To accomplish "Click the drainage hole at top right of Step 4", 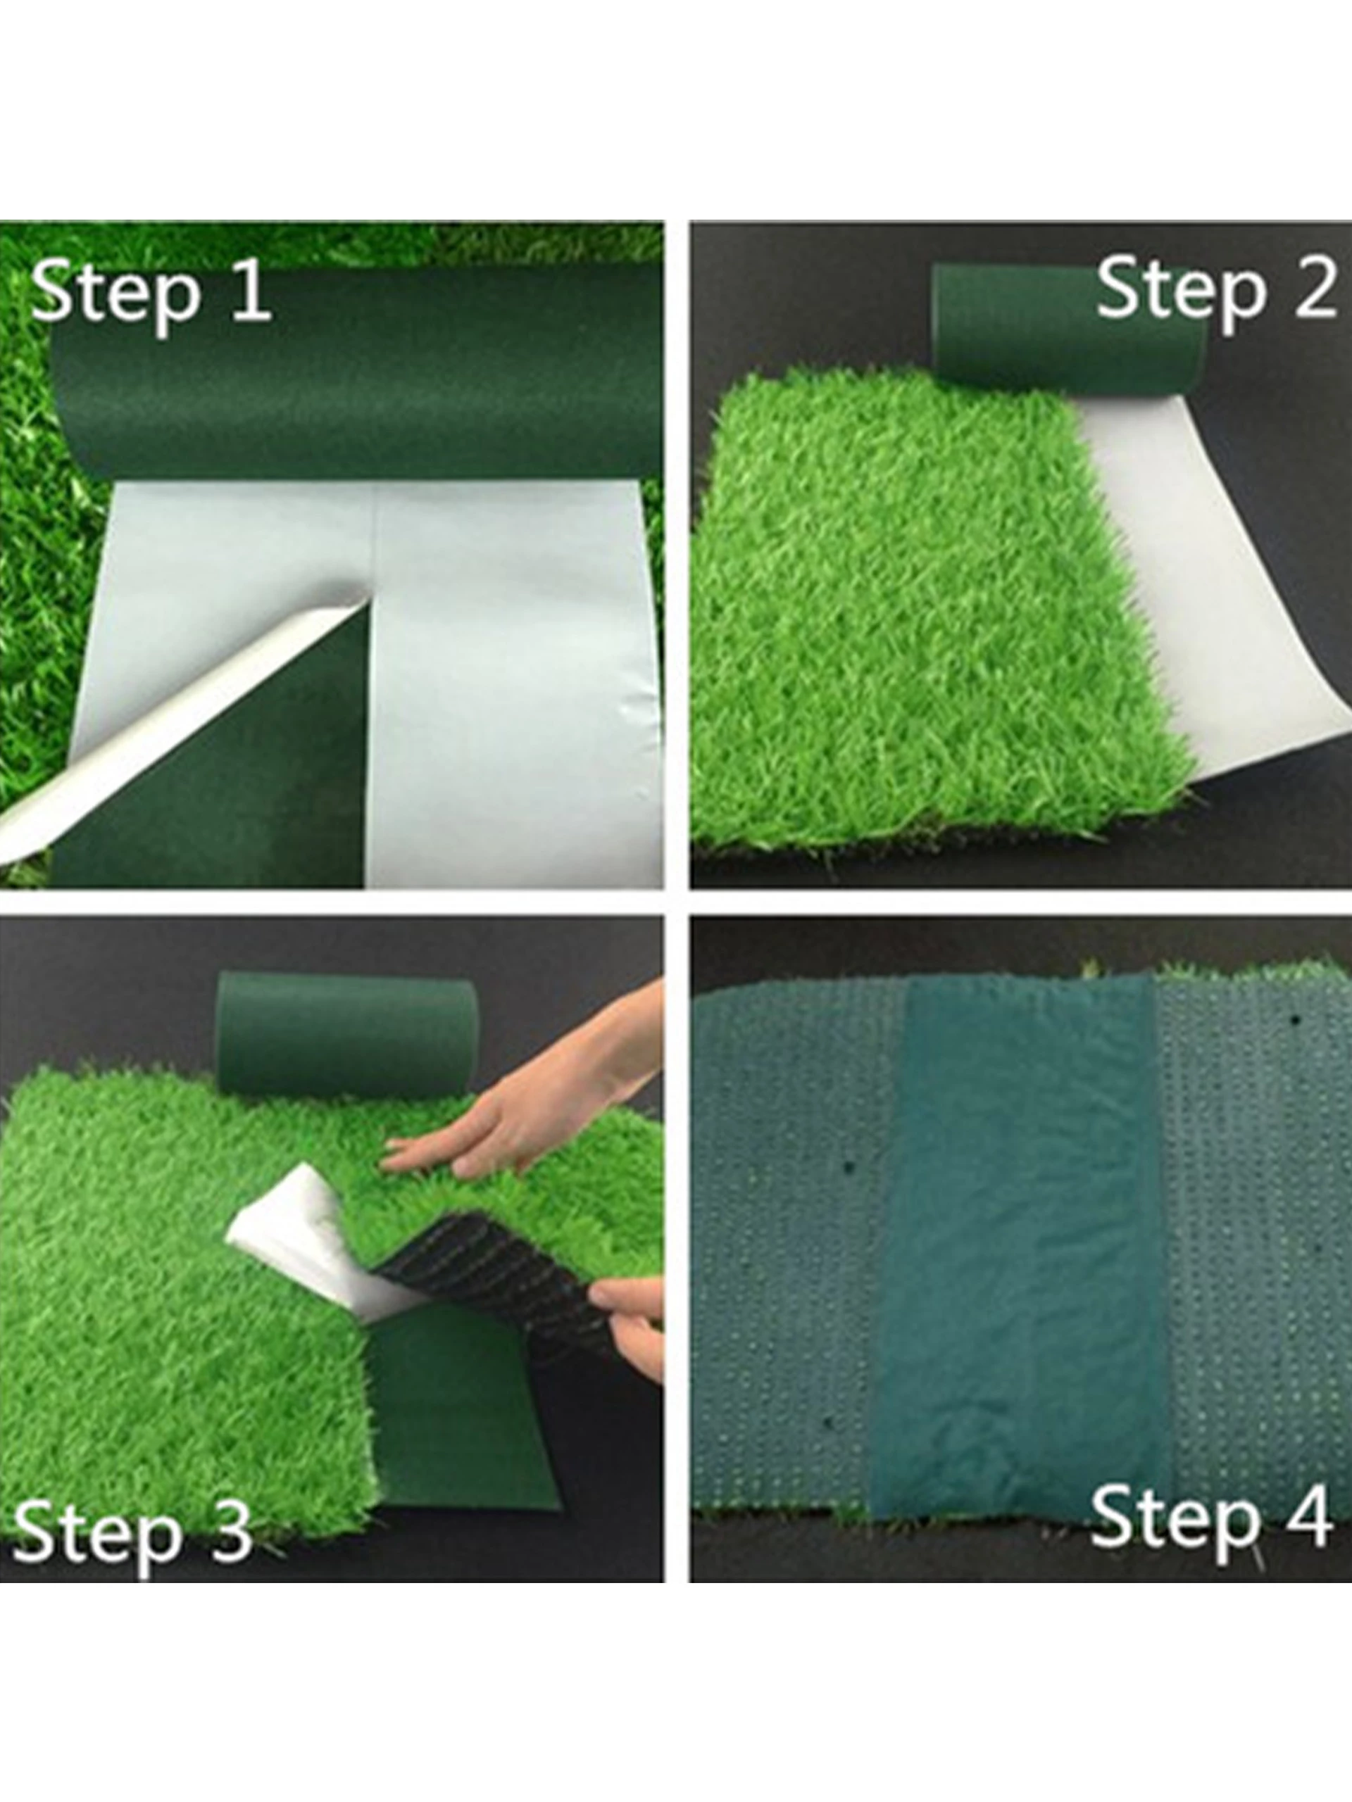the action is tap(1294, 1019).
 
